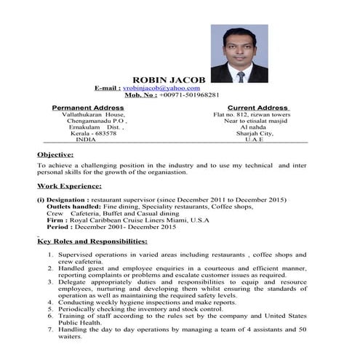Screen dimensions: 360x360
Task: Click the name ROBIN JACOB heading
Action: click(x=169, y=79)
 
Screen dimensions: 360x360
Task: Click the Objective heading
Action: click(x=55, y=154)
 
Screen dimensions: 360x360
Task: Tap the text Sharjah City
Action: click(x=257, y=134)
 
